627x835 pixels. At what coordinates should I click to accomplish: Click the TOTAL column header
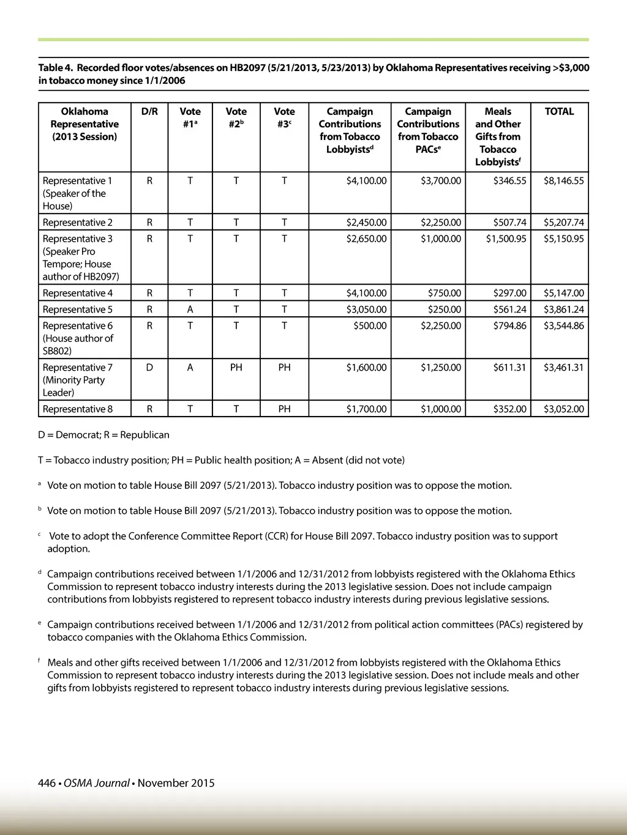pos(559,111)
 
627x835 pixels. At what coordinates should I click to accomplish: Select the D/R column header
pos(149,111)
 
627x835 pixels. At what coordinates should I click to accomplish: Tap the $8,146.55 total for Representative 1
pos(563,180)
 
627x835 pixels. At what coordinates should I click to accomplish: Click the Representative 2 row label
pos(78,222)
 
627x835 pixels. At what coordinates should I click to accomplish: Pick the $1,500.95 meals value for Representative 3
pos(506,239)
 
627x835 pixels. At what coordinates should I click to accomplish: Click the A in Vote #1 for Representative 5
pos(190,310)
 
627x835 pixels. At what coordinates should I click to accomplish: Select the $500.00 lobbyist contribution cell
pos(370,325)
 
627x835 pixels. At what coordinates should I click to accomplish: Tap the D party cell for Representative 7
pos(149,367)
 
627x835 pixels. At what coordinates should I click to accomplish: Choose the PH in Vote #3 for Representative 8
pos(284,409)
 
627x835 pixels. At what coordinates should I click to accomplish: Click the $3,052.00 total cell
pos(563,409)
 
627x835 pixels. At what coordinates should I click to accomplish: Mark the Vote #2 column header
pos(236,117)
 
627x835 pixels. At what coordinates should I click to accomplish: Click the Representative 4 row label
pos(78,293)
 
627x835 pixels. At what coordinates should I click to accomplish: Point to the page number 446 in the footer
pos(47,783)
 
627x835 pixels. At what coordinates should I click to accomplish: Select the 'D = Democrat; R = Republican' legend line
pos(103,435)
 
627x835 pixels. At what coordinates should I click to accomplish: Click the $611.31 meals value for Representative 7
pos(509,367)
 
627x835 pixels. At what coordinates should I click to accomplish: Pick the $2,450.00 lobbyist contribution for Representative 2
pos(366,222)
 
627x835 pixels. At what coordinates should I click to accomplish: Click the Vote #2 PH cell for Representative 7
pos(236,367)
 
